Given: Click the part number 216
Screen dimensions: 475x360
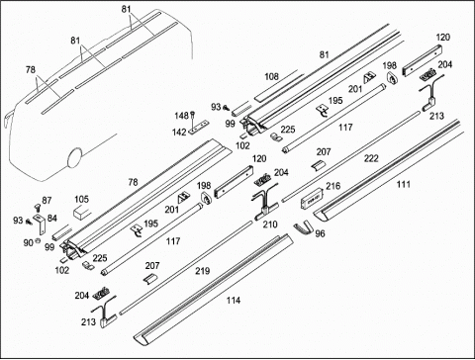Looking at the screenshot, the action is coord(332,186).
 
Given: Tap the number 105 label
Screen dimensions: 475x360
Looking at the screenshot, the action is coord(81,199).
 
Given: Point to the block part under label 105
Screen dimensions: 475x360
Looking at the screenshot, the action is coord(81,212).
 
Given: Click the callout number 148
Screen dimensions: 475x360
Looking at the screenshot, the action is coord(181,116).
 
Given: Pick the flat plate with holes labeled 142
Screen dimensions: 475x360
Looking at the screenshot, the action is coord(199,127).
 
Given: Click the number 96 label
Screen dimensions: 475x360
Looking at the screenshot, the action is coord(320,233).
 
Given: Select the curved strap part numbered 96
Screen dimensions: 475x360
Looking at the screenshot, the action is coord(303,227).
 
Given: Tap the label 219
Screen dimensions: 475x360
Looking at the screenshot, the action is coord(202,271).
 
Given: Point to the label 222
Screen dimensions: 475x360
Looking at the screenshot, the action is coord(371,158).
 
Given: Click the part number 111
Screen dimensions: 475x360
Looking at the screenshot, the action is coord(403,184).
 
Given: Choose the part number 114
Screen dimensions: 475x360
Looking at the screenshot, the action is coord(234,301).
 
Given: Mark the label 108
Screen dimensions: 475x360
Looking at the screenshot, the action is coord(271,76).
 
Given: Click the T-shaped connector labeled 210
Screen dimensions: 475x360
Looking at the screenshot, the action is coord(264,208).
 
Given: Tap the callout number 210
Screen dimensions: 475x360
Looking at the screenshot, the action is coord(270,225).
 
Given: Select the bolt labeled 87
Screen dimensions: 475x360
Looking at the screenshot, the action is coord(37,209).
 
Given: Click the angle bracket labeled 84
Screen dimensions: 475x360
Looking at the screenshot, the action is coord(41,223).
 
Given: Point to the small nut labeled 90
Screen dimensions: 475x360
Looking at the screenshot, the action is coord(38,240).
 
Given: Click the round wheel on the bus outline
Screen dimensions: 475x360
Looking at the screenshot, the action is coord(74,158).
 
